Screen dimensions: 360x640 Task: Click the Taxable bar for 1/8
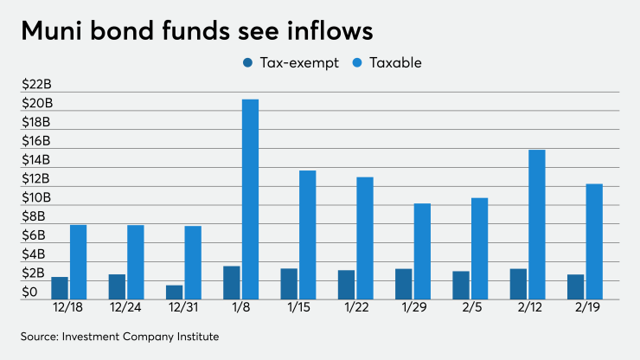250,199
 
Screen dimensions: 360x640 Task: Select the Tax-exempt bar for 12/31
175,292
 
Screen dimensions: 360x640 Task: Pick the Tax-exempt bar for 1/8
232,282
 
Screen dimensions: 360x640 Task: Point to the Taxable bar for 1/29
422,251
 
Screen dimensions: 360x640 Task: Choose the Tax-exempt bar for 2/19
575,286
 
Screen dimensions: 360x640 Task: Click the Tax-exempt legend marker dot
249,62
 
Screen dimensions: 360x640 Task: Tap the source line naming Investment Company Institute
120,337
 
